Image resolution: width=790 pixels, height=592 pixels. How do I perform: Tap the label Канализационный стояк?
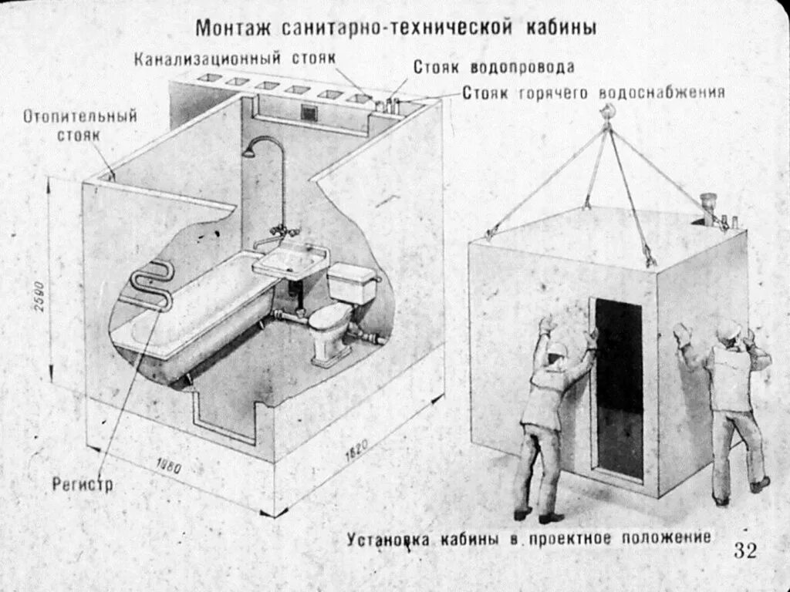(235, 59)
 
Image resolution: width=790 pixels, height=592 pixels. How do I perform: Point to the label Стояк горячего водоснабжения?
(593, 93)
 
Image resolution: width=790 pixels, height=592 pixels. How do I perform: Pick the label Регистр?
(82, 485)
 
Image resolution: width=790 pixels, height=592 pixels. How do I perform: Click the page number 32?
(745, 550)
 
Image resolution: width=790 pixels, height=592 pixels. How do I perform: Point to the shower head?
(248, 152)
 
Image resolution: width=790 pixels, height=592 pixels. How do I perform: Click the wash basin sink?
(291, 260)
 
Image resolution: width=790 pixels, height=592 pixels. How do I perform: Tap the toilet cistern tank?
(353, 284)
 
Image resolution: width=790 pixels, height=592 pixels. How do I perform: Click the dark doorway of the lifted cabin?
(619, 385)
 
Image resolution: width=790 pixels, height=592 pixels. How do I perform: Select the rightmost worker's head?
(728, 331)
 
